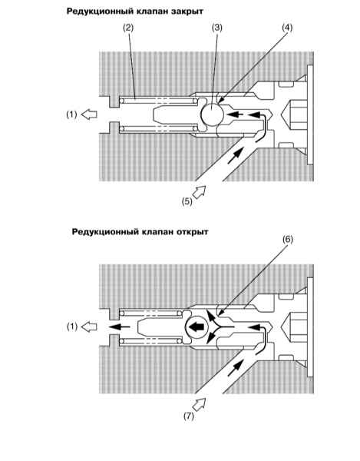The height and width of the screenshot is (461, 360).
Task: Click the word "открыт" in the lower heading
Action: pyautogui.click(x=193, y=232)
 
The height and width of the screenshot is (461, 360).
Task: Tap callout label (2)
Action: pyautogui.click(x=128, y=28)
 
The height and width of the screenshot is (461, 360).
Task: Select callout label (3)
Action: pyautogui.click(x=217, y=28)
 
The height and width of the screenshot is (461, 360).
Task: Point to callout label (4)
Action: pyautogui.click(x=288, y=28)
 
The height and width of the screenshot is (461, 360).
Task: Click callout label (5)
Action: pyautogui.click(x=187, y=201)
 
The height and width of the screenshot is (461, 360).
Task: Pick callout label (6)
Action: pyautogui.click(x=288, y=239)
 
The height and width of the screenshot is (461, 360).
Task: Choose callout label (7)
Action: pyautogui.click(x=189, y=416)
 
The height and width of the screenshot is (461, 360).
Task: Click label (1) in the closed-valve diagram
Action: pyautogui.click(x=71, y=114)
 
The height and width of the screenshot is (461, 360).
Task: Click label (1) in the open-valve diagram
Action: pyautogui.click(x=72, y=327)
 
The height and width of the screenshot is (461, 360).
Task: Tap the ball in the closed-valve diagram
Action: pyautogui.click(x=213, y=114)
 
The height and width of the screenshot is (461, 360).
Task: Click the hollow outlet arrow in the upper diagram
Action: pyautogui.click(x=89, y=114)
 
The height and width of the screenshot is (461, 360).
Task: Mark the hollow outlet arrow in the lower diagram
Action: pyautogui.click(x=89, y=327)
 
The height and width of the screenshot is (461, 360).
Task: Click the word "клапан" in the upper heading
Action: pyautogui.click(x=152, y=12)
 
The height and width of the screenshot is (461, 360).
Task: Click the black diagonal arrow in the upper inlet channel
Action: pyautogui.click(x=236, y=155)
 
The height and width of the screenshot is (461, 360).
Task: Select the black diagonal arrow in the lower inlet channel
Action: pyautogui.click(x=236, y=368)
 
